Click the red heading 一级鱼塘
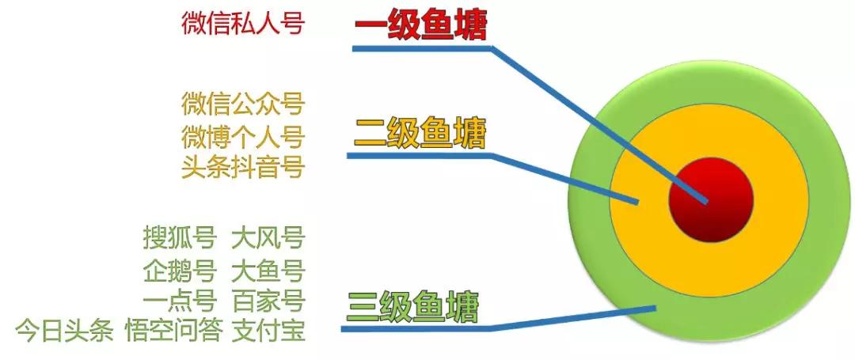(420, 25)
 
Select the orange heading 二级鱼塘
(420, 132)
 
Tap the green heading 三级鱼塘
(413, 306)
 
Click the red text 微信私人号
(242, 24)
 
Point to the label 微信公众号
(242, 104)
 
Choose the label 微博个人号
(242, 136)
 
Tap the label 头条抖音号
(242, 168)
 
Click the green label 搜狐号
(179, 237)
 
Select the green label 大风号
(268, 237)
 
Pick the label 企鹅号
(179, 270)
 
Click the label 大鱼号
(268, 270)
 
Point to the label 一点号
(179, 301)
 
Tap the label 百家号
(268, 301)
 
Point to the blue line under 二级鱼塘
(420, 155)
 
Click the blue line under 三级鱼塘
(412, 327)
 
